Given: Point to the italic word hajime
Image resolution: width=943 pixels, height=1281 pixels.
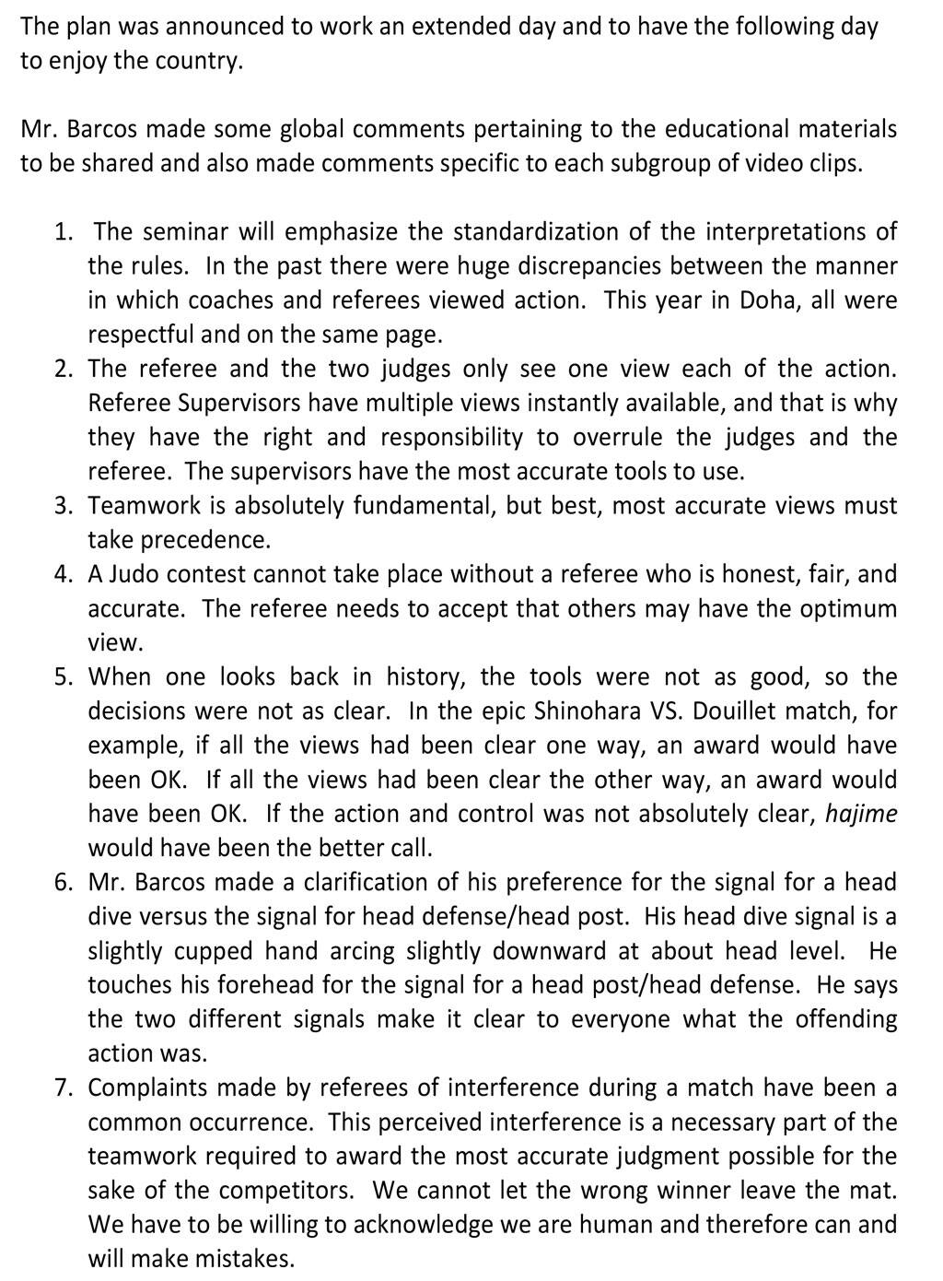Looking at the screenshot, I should click(x=861, y=814).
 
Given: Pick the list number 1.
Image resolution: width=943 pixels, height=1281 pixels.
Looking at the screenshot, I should click(x=63, y=231).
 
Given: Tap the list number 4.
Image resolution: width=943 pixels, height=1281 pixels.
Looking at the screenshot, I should click(x=63, y=575).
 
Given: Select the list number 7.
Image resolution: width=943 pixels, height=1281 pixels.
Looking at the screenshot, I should click(x=63, y=1088).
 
